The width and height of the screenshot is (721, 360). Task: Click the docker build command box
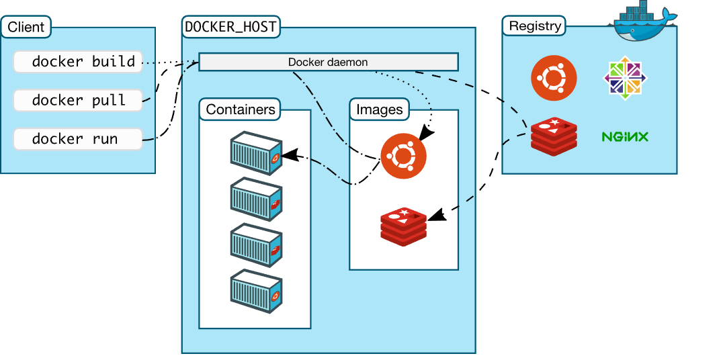pos(78,62)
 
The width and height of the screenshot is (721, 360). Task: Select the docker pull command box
pos(78,101)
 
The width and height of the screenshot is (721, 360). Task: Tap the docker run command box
pos(78,140)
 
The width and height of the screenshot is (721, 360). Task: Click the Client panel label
pos(26,28)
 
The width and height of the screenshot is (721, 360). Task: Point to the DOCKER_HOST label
pos(231,28)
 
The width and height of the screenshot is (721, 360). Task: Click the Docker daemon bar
pos(328,62)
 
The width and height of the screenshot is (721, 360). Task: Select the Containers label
pos(241,109)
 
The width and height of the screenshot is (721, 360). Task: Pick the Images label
pos(380,109)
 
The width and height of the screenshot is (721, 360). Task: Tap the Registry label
pos(535,26)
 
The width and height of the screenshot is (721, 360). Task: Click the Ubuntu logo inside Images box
pos(403,156)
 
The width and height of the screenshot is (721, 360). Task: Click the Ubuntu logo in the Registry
pos(554,78)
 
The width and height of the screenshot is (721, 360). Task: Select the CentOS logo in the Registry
pos(626,78)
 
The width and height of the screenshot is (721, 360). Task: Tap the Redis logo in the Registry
pos(554,136)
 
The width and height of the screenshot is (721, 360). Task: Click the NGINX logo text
pos(625,137)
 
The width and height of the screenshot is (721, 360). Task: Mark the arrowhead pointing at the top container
pos(288,156)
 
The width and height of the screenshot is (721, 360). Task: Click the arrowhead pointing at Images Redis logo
pos(435,216)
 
